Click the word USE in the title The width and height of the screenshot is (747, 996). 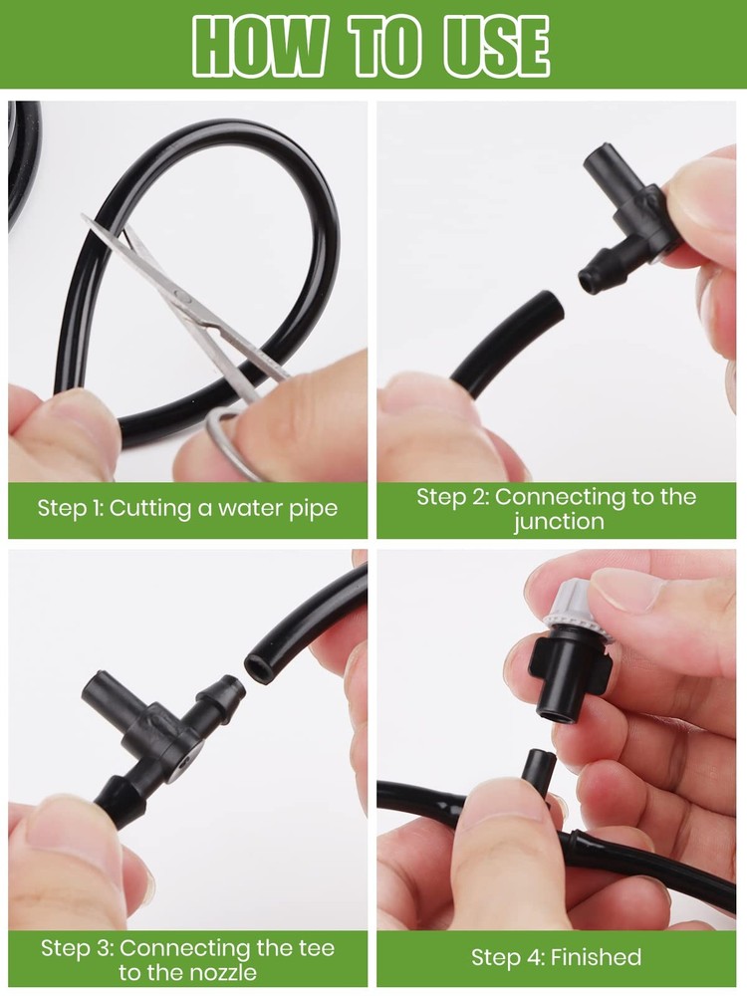(x=496, y=46)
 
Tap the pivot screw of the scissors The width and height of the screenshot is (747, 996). (x=181, y=296)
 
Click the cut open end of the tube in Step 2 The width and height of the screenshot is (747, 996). (x=552, y=307)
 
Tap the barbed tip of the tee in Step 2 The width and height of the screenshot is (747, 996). (x=591, y=279)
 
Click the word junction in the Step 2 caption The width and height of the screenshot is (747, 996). (x=559, y=522)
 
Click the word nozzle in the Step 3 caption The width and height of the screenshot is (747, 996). (x=223, y=972)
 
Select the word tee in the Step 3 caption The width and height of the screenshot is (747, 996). (x=316, y=948)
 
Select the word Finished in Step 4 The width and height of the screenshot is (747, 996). (x=596, y=957)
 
